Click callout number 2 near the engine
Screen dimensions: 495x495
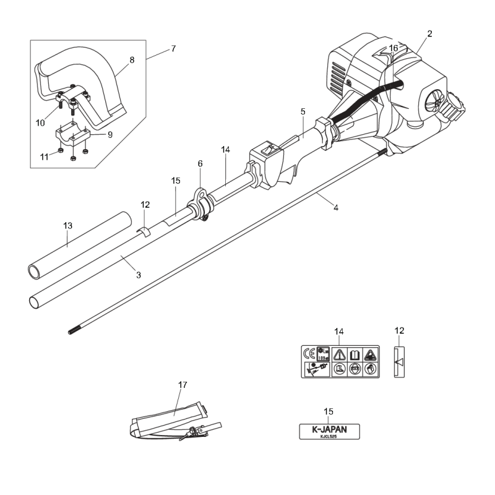(x=429, y=33)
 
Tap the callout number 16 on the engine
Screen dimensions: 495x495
(x=394, y=48)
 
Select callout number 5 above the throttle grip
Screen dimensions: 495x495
(x=303, y=112)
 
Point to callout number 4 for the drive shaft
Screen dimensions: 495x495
(x=336, y=208)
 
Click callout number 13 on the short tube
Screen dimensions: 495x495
(x=68, y=227)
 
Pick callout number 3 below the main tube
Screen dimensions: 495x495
(x=139, y=274)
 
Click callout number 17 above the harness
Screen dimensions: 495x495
(x=182, y=385)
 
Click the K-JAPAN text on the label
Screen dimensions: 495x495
(x=329, y=428)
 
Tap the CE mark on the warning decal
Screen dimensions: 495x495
(x=309, y=354)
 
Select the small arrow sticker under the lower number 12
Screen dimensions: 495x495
(x=398, y=361)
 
